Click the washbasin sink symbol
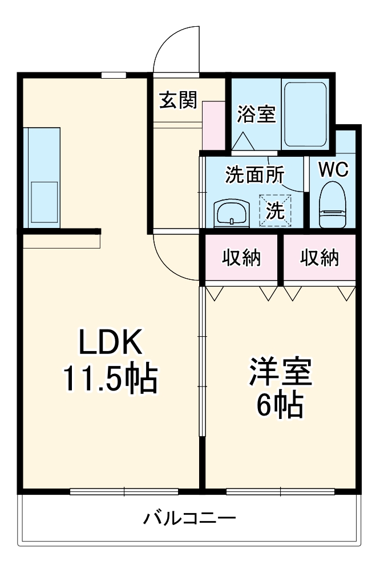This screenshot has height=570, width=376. point(231,214)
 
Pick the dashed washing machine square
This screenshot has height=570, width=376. point(275,210)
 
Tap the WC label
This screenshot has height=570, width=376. point(333,169)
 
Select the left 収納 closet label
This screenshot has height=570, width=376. point(241,258)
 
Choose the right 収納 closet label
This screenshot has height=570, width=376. point(320,258)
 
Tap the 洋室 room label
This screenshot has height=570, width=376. point(279,373)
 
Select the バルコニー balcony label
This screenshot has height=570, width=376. point(189,518)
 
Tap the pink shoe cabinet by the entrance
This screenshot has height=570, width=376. point(214,125)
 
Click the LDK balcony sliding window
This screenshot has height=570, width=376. point(124,491)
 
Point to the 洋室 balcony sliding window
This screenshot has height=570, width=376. point(281,491)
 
